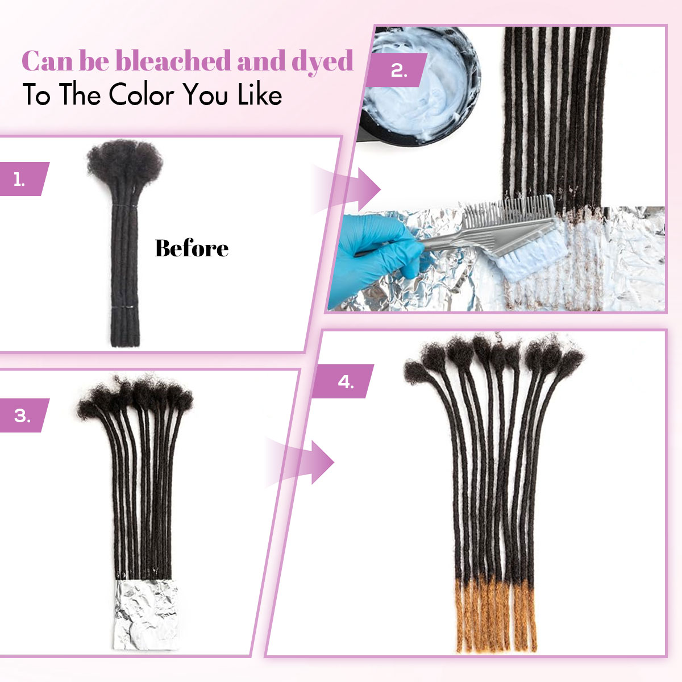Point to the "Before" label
pyautogui.click(x=192, y=248)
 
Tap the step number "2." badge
pyautogui.click(x=398, y=70)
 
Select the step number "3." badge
pyautogui.click(x=23, y=415)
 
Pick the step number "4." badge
pyautogui.click(x=346, y=381)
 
